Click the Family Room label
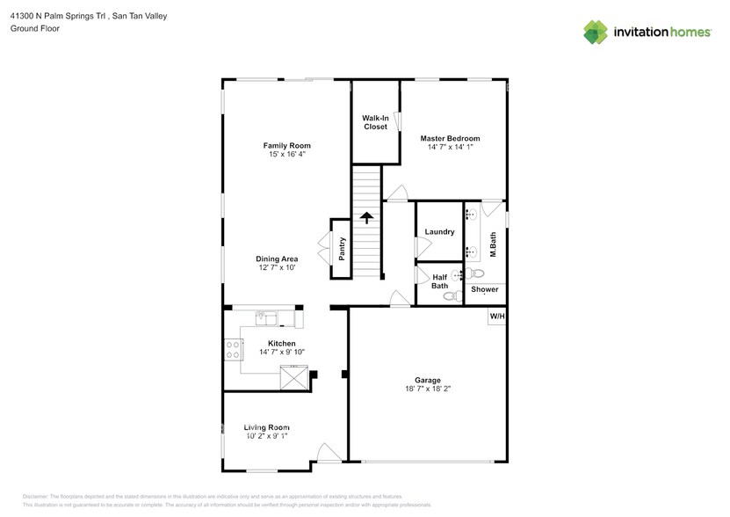pos(286,145)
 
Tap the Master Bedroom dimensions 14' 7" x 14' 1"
pos(450,148)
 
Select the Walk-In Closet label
pos(375,122)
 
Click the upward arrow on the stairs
pos(366,216)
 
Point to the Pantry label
pos(342,249)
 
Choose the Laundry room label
pos(438,232)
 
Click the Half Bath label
pos(439,280)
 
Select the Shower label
pos(484,289)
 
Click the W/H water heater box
pos(496,316)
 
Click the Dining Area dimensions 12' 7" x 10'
pos(277,268)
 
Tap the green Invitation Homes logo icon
pos(596,32)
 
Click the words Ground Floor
pos(34,28)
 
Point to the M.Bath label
pos(494,244)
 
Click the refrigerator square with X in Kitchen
pos(294,378)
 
